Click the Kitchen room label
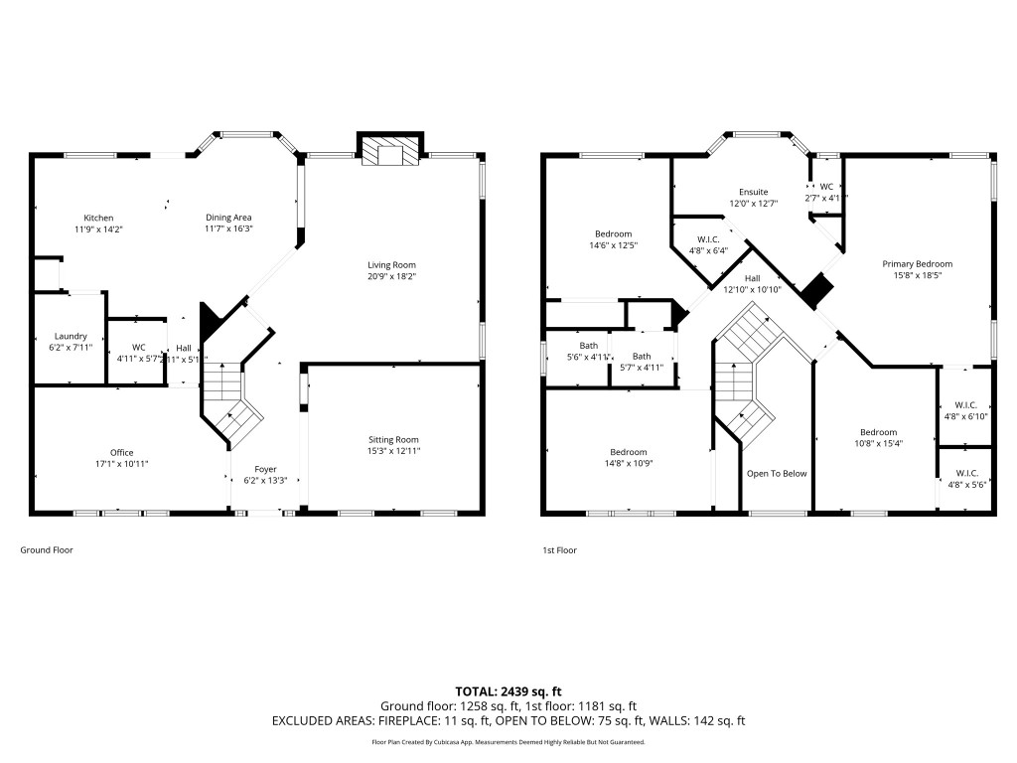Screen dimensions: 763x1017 (x=98, y=218)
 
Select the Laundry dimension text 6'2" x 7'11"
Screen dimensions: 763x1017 (x=71, y=348)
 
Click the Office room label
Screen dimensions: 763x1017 (x=121, y=452)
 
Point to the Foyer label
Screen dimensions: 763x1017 (x=265, y=469)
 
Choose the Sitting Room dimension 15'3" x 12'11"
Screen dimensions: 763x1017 (x=393, y=451)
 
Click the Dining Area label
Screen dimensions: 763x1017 (x=228, y=218)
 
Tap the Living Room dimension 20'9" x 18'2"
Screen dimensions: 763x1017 (x=391, y=276)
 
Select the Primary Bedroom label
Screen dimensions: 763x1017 (x=917, y=263)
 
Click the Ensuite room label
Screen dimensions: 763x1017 (x=753, y=192)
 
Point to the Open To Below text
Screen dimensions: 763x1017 (x=777, y=473)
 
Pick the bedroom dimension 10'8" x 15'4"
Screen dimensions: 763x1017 (x=878, y=444)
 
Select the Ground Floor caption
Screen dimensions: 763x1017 (x=47, y=549)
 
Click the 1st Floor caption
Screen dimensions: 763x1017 (x=559, y=549)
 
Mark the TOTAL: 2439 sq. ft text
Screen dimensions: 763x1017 (x=508, y=690)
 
